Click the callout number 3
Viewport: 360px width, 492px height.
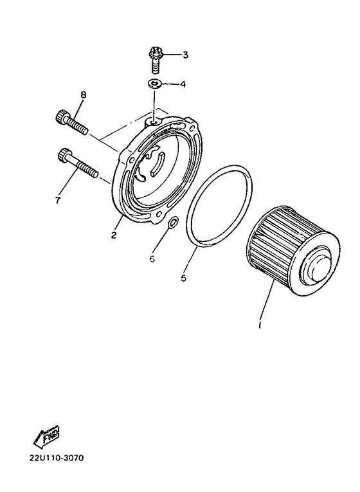(x=185, y=55)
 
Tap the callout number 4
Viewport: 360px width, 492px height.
(x=183, y=84)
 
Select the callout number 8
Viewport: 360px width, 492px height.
(x=83, y=95)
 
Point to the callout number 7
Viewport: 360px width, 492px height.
(x=57, y=201)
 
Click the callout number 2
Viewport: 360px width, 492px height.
(x=113, y=235)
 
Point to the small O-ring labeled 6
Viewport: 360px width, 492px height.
(x=172, y=224)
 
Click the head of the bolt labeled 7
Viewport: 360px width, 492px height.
(x=64, y=154)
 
